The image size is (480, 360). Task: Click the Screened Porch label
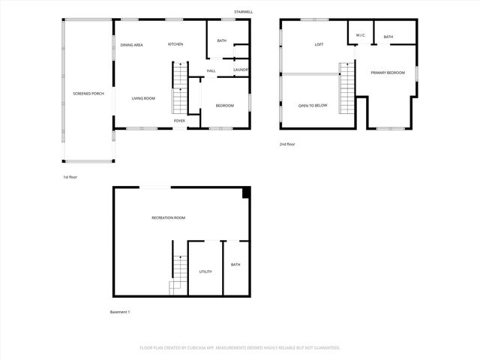[x=88, y=94]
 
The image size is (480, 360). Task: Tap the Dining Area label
[x=132, y=45]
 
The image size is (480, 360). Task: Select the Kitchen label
[x=175, y=44]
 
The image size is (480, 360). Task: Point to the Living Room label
[x=143, y=98]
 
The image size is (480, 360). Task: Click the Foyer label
[x=180, y=121]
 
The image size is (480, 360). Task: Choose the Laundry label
[x=241, y=70]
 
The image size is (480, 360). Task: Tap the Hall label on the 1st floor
[x=211, y=71]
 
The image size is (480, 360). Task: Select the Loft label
[x=319, y=45]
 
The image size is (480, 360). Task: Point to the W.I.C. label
[x=360, y=35]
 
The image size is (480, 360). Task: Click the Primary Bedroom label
[x=388, y=73]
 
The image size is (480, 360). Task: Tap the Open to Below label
[x=313, y=106]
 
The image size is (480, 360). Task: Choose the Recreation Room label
[x=168, y=217]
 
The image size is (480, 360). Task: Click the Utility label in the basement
[x=205, y=271]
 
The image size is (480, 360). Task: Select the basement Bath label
[x=235, y=265]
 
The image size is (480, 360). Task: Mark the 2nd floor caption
[x=288, y=144]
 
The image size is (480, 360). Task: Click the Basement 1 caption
[x=120, y=312]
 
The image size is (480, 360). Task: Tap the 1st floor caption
[x=70, y=177]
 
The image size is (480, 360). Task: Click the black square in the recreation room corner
[x=246, y=193]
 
